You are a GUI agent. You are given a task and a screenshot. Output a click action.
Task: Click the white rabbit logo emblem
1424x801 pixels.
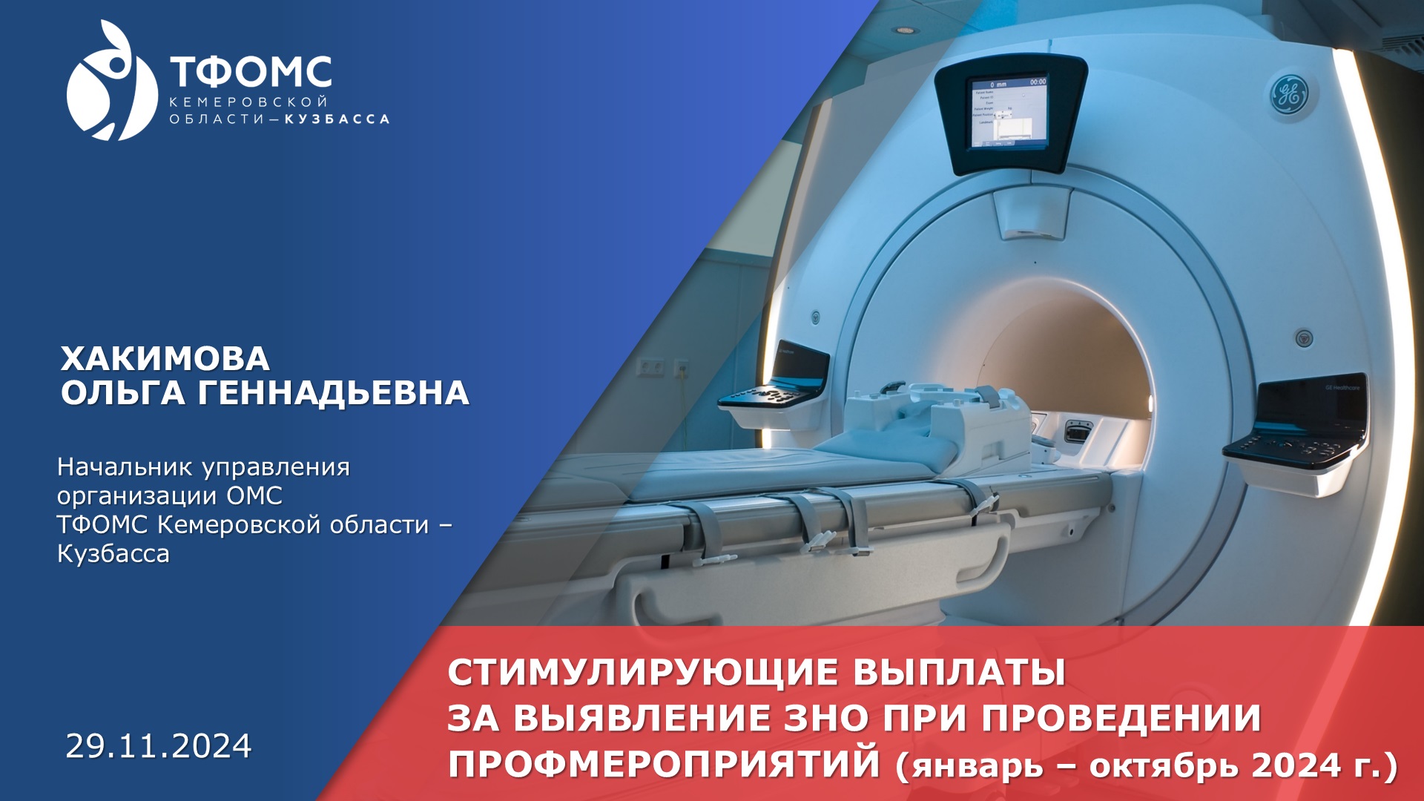[111, 82]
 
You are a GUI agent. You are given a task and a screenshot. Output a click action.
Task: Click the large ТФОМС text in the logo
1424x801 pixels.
[251, 72]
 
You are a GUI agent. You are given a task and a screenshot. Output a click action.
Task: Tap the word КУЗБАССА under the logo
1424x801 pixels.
[337, 119]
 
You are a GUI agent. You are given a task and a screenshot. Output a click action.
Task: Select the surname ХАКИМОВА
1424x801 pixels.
[165, 359]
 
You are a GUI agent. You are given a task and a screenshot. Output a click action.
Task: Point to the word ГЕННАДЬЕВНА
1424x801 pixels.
[333, 393]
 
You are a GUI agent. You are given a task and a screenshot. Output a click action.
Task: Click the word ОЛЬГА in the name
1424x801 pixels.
[122, 393]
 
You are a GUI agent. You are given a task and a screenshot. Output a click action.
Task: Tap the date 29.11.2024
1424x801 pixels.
[159, 746]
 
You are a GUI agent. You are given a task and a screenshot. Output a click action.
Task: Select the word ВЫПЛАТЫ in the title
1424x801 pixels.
[959, 673]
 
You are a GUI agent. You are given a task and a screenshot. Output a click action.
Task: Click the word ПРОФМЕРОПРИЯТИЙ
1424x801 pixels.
[664, 764]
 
